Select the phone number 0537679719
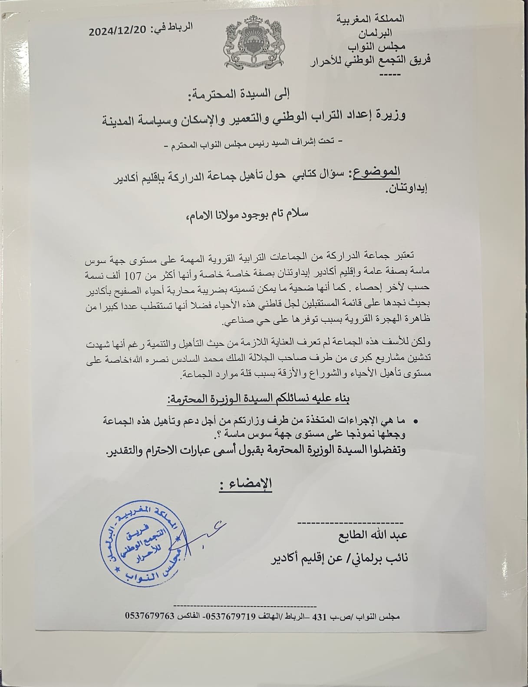click(231, 616)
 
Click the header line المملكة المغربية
click(370, 19)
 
